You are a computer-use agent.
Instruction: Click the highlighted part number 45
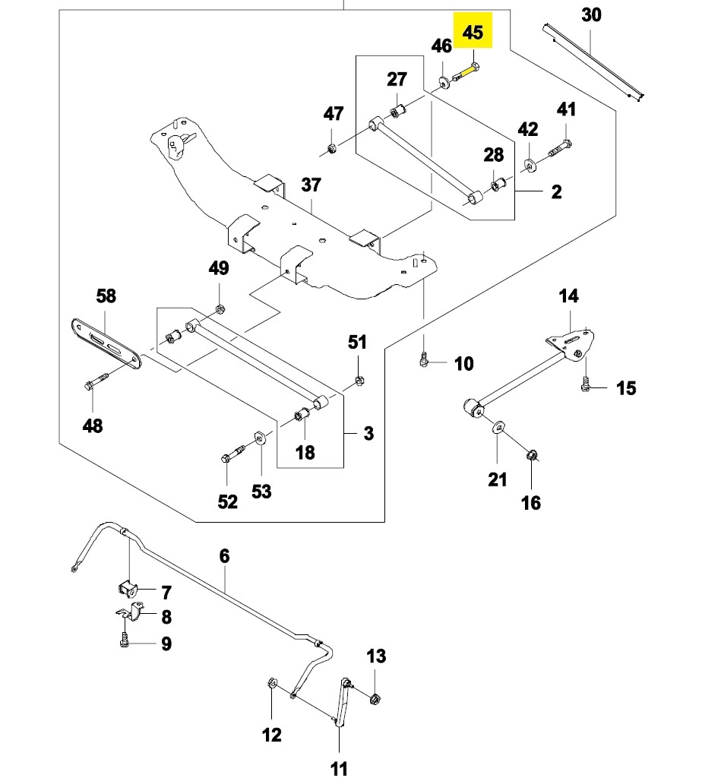click(473, 32)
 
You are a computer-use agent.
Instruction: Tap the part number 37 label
click(311, 185)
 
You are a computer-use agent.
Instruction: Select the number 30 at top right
click(591, 14)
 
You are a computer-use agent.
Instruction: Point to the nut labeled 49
click(219, 309)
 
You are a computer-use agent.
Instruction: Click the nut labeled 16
click(532, 457)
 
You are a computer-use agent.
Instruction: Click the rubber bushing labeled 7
click(127, 588)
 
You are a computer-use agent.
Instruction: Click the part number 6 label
click(224, 556)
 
